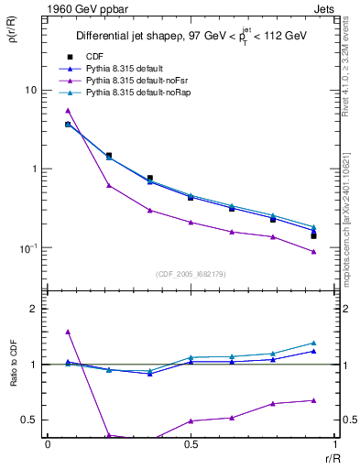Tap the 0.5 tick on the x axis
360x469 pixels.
tap(191, 443)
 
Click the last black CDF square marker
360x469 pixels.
tap(313, 236)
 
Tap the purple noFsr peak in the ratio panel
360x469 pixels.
tap(68, 332)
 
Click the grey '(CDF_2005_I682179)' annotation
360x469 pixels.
tap(191, 272)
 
